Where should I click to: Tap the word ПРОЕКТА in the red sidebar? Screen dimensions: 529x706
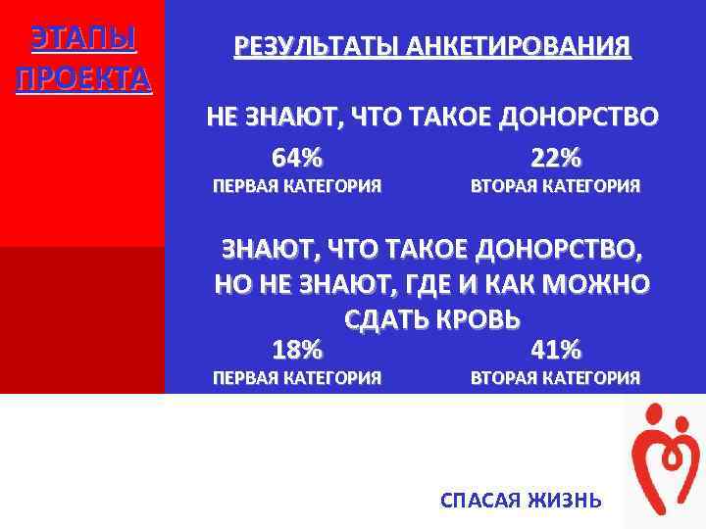[x=82, y=77]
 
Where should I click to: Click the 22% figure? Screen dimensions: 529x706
[x=556, y=157]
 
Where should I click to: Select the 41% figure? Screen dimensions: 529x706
[x=556, y=349]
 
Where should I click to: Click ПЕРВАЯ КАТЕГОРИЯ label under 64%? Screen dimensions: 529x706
[x=297, y=185]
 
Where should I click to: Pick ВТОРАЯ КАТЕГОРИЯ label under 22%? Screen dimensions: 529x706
[x=556, y=185]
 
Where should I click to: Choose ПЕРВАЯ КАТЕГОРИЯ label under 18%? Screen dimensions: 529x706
[x=297, y=377]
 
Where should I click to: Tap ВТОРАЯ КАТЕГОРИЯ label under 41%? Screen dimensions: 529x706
[x=556, y=377]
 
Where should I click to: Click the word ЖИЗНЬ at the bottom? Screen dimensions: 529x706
[x=566, y=501]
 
